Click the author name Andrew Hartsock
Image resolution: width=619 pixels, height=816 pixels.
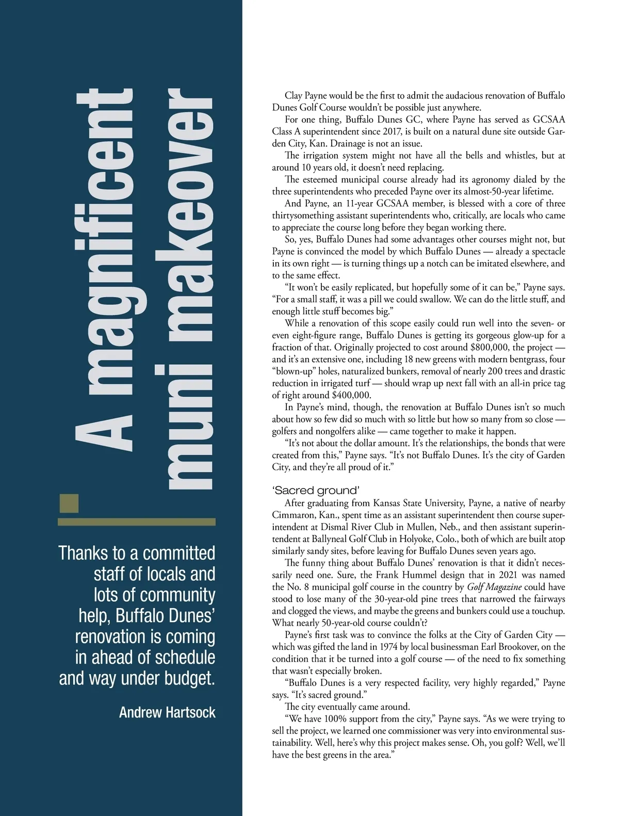tap(167, 712)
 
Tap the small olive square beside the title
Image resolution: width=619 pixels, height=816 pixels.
tap(70, 503)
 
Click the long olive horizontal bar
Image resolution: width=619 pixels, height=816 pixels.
tap(137, 522)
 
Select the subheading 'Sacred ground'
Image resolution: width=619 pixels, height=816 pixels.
tap(316, 490)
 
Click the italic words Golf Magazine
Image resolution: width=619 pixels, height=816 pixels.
tap(494, 587)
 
